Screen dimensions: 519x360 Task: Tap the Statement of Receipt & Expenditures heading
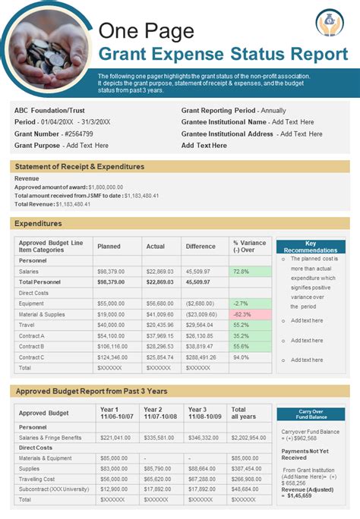[x=80, y=166]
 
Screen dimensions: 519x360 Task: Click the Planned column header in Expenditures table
[x=109, y=246]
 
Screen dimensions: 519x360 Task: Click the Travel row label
[x=28, y=325]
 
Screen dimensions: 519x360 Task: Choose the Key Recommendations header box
[x=310, y=247]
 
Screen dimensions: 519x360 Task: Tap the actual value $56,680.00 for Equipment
[x=159, y=304]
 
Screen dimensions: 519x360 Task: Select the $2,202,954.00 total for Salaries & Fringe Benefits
[x=248, y=437]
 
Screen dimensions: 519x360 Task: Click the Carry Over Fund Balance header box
[x=310, y=414]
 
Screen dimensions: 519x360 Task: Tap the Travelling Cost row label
[x=37, y=480]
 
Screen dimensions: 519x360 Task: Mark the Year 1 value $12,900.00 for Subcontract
[x=114, y=489]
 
